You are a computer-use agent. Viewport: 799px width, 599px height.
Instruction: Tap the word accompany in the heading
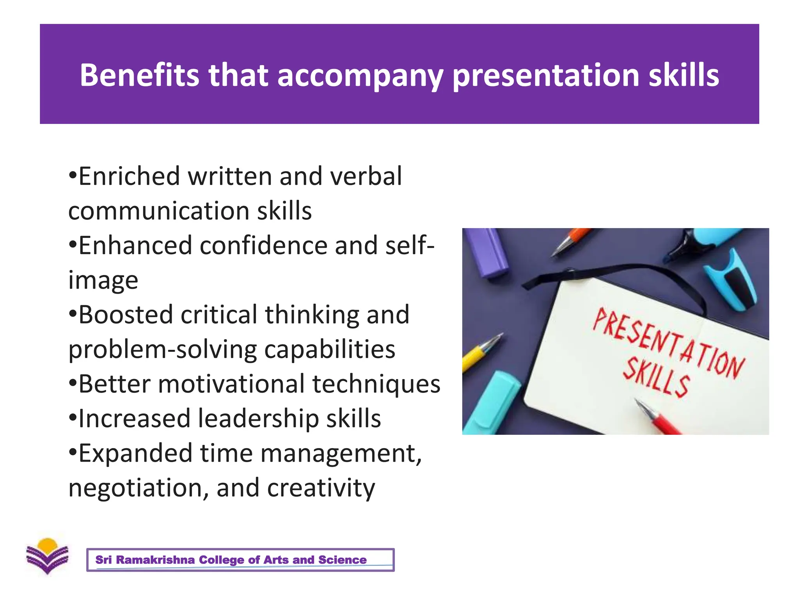(360, 76)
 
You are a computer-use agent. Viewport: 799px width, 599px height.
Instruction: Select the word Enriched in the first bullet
(129, 176)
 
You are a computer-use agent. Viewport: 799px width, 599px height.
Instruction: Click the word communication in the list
(158, 211)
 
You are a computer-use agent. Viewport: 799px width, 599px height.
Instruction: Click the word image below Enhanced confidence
(103, 281)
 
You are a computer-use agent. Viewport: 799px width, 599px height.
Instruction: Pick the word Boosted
(125, 315)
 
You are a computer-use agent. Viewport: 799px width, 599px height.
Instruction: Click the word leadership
(258, 419)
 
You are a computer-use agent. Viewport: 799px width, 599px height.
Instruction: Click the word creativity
(321, 488)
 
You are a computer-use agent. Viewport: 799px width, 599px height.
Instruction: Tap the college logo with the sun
(47, 556)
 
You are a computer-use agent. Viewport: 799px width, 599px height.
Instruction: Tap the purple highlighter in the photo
(487, 252)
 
